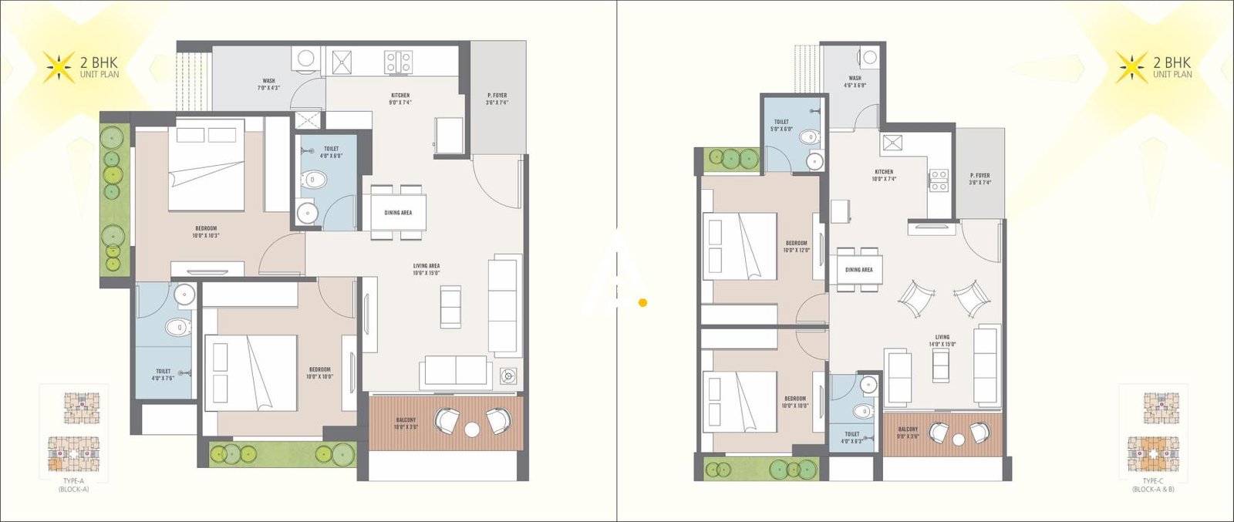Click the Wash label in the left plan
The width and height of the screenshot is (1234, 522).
point(268,84)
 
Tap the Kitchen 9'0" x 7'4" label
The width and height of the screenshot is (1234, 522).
point(400,99)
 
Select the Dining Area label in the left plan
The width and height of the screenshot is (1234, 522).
point(398,213)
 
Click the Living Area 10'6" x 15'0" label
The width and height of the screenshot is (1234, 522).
point(426,269)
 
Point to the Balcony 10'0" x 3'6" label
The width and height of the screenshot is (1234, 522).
point(406,423)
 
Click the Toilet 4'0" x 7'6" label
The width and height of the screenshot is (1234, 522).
point(163,375)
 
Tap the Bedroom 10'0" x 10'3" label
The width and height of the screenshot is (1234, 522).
point(206,231)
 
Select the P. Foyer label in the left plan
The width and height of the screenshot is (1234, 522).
point(497,99)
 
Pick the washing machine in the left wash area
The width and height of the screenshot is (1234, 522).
point(306,59)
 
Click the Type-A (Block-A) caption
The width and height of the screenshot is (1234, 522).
point(73,484)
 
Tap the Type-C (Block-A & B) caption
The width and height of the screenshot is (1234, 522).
point(1153,484)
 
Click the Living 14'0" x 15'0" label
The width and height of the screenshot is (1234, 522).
point(942,341)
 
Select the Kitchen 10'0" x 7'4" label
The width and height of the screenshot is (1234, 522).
point(884,175)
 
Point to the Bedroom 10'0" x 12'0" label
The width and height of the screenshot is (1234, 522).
point(797,246)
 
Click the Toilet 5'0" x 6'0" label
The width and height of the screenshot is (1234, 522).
point(781,125)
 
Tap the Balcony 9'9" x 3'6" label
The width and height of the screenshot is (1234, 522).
point(908,432)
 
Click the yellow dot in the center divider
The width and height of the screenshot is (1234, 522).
point(642,303)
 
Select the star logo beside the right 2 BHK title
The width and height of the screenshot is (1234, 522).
point(1131,68)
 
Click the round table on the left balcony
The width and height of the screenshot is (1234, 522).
point(472,430)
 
